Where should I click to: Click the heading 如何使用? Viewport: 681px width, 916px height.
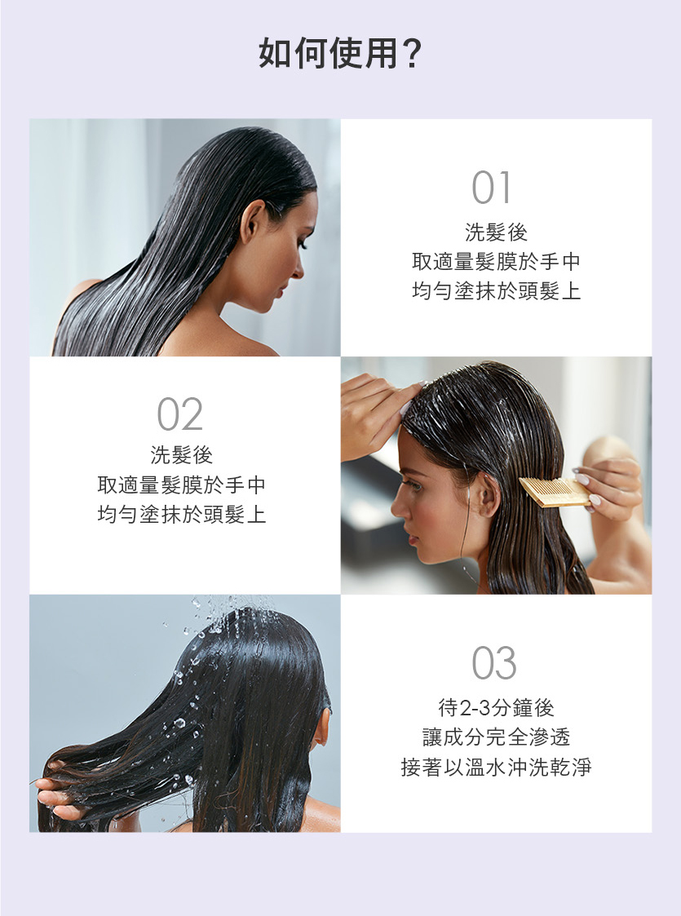[340, 53]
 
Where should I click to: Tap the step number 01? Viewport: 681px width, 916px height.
[491, 188]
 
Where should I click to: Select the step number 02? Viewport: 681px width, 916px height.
[180, 414]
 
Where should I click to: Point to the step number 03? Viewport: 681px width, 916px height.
[494, 663]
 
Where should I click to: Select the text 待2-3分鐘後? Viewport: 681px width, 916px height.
[496, 707]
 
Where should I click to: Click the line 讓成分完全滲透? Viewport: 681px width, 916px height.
[496, 737]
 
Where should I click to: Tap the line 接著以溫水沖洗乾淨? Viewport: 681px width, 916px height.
[496, 767]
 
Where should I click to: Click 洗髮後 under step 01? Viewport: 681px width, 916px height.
[496, 232]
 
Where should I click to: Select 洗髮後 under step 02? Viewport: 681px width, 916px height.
[181, 454]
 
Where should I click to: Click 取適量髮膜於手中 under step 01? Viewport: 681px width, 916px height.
[496, 261]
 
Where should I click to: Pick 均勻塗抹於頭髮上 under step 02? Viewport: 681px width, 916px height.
[181, 514]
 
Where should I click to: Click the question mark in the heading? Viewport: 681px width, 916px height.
[412, 53]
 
